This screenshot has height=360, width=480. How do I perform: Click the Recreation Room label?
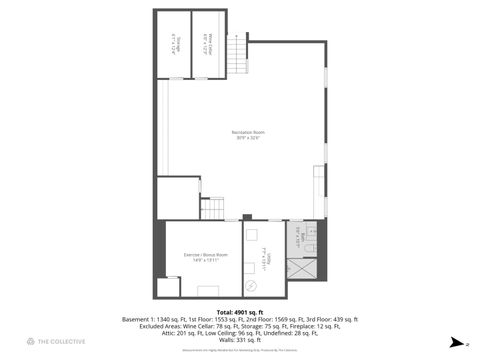point(240,132)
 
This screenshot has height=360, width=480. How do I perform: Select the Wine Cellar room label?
point(205,44)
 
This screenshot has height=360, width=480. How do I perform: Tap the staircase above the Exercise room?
point(213,208)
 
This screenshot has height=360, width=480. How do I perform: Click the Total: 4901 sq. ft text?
point(240,311)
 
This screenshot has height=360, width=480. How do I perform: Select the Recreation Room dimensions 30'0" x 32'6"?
point(240,138)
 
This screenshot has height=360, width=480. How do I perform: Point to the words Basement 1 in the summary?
point(140,319)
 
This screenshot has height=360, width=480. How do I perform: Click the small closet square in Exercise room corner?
point(167,288)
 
